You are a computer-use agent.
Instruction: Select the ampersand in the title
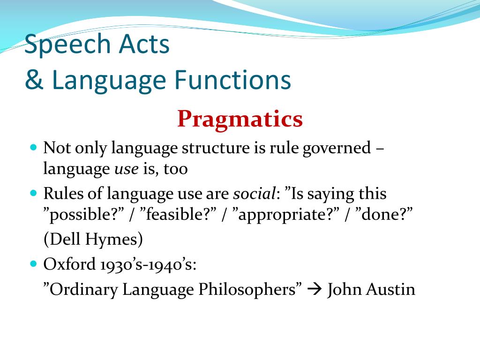click(x=34, y=80)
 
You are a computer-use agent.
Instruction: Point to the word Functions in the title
click(x=233, y=80)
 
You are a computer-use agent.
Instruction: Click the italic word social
click(x=255, y=193)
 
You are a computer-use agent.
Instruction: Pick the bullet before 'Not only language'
click(x=34, y=147)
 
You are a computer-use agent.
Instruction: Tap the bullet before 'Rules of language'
click(x=34, y=193)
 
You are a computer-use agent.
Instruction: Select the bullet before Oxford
click(x=34, y=263)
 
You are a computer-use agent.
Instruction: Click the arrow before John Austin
click(x=315, y=289)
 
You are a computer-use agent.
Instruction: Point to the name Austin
click(x=390, y=289)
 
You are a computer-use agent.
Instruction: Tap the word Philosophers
click(x=247, y=289)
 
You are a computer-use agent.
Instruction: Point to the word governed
click(x=337, y=148)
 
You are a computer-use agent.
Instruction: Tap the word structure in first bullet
click(x=215, y=148)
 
